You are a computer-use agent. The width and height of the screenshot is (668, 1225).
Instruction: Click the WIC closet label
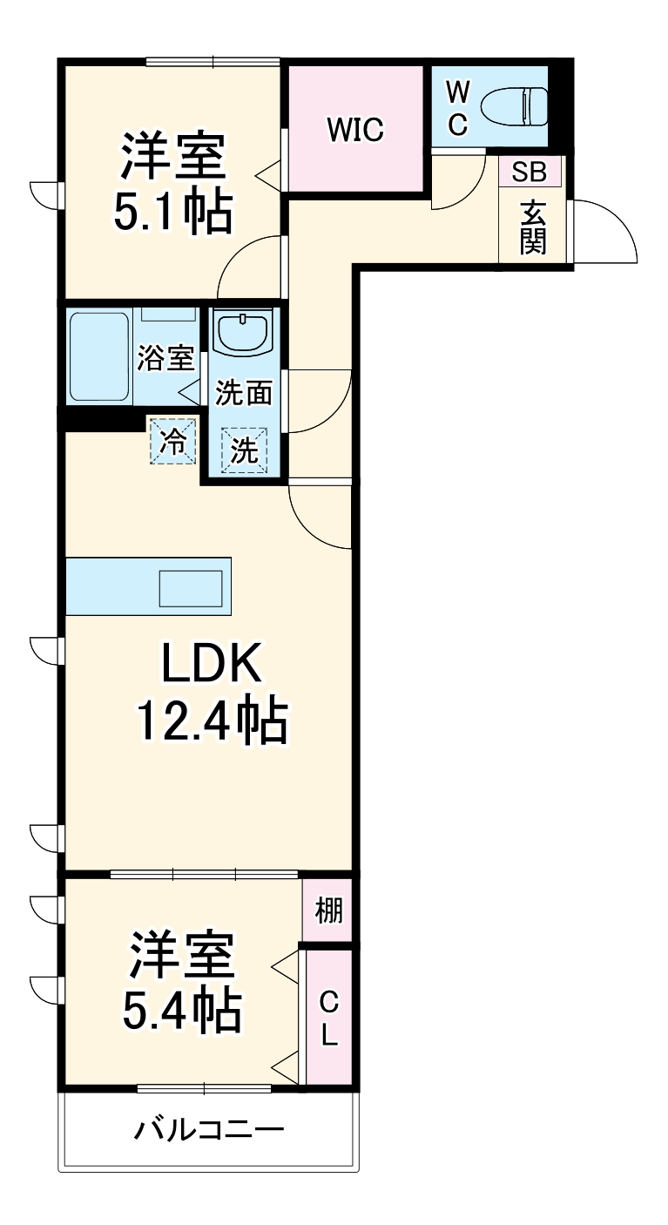click(x=355, y=130)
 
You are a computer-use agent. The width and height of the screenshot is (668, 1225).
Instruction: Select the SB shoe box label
click(x=529, y=172)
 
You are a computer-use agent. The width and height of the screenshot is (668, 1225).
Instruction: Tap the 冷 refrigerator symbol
click(x=173, y=442)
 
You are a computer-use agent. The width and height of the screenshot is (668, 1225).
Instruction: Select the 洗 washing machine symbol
click(x=244, y=450)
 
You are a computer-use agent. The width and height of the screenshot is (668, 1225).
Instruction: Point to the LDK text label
click(x=209, y=667)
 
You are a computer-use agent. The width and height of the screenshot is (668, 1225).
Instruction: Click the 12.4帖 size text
click(x=211, y=720)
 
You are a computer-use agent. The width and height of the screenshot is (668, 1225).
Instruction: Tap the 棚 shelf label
click(x=328, y=911)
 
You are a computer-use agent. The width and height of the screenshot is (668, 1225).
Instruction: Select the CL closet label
click(x=328, y=1019)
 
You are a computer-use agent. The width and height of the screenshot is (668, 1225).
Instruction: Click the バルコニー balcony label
click(x=209, y=1131)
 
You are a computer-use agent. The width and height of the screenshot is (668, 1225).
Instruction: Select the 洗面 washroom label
click(x=244, y=393)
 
